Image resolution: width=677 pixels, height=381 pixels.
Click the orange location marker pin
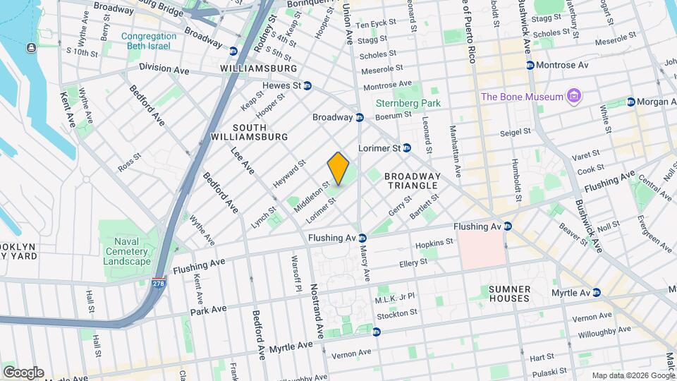(x=338, y=169)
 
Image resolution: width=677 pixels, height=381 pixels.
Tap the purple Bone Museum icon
(x=575, y=96)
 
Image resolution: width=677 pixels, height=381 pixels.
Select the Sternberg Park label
(x=416, y=103)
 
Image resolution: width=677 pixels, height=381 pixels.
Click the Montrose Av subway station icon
(x=530, y=65)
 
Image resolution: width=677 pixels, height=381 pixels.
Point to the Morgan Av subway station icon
(x=630, y=102)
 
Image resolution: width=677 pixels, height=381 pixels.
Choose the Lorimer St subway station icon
(x=406, y=148)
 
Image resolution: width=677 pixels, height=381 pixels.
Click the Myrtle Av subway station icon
(x=597, y=292)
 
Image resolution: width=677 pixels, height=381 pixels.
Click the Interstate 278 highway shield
(x=159, y=282)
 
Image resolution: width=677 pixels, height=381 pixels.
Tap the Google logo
(x=23, y=373)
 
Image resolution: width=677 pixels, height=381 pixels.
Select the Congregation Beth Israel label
(x=149, y=41)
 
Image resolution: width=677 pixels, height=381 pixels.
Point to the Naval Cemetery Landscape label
(x=127, y=252)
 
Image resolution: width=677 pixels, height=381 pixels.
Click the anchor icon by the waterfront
(x=31, y=47)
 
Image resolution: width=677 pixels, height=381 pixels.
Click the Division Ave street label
(x=164, y=68)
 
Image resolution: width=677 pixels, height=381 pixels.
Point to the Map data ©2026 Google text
(x=633, y=375)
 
